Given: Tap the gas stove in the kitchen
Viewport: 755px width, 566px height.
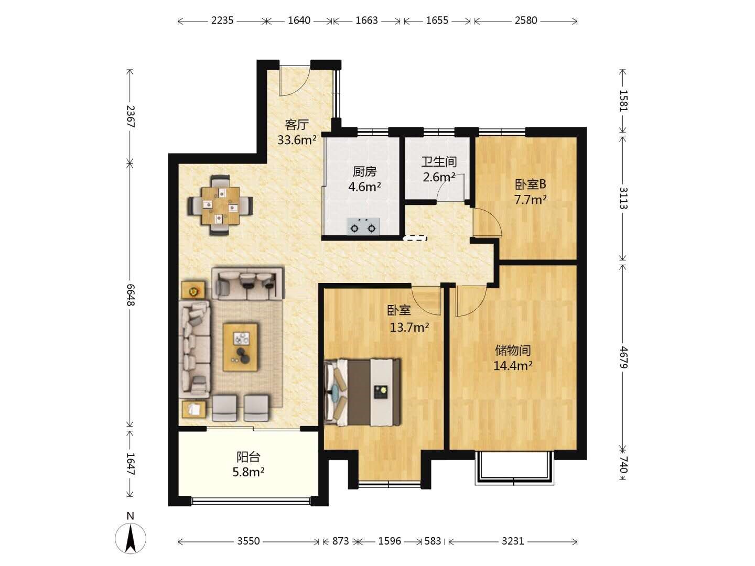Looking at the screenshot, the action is point(363,226).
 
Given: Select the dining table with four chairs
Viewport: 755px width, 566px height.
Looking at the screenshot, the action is point(220,205).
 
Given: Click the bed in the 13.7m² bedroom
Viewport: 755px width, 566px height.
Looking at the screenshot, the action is point(362,392).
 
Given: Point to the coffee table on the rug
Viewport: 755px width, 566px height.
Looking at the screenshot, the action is point(241,347).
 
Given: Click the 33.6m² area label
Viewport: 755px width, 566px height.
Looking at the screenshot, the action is point(297,140).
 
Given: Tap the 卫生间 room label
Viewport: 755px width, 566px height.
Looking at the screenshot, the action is point(439,162).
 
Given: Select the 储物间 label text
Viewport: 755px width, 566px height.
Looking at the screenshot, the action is point(513,351).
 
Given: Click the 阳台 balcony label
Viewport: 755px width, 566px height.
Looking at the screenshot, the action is point(249,457).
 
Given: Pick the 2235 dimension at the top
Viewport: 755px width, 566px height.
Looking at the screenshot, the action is point(222,20).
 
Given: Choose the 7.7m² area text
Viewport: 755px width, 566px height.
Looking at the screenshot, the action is point(531,200).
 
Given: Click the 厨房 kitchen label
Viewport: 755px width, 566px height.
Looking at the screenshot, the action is point(364,171).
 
